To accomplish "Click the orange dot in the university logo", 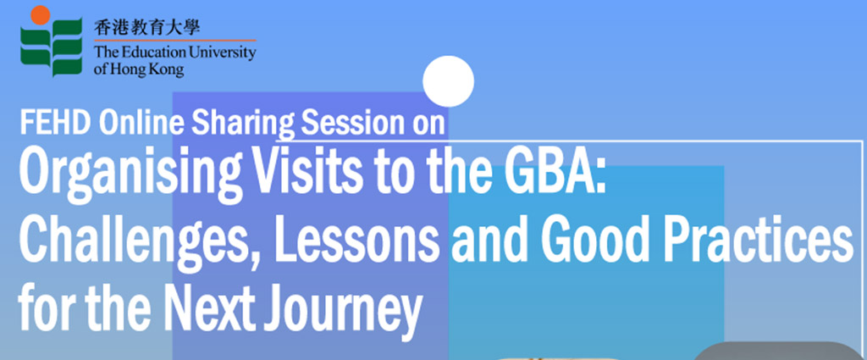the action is click(41, 15).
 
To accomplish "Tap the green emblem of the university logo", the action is click(52, 48).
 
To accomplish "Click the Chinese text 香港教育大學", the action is click(146, 27).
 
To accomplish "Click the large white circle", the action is click(449, 81).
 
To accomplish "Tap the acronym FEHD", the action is click(55, 122).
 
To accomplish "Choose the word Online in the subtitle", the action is click(141, 122).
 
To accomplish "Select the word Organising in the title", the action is click(130, 172).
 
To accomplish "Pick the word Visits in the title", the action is click(305, 169).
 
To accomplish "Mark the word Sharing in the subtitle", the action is click(241, 125).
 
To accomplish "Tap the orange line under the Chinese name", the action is click(174, 41).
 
